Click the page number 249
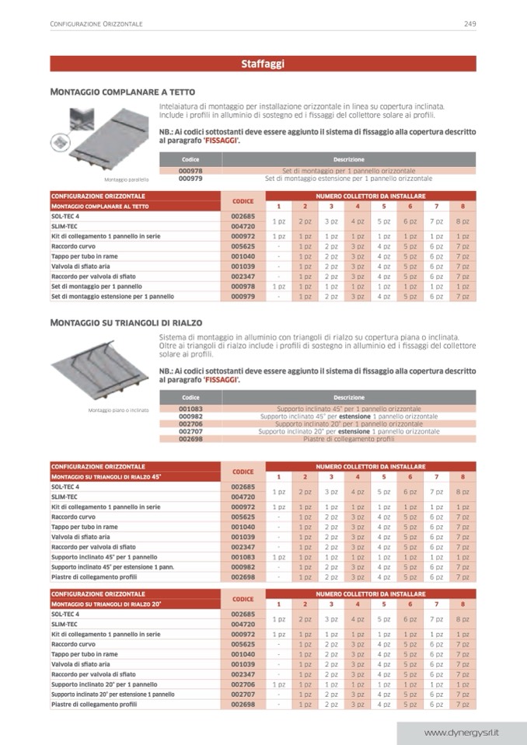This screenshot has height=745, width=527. (x=469, y=24)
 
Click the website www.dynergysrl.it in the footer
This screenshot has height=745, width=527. (x=461, y=733)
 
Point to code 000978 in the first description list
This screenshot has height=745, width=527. (x=190, y=170)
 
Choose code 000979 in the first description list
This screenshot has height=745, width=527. (x=190, y=178)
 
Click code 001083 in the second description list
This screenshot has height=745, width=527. (x=190, y=409)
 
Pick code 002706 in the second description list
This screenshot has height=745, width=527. (x=190, y=424)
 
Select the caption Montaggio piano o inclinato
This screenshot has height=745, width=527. (x=117, y=410)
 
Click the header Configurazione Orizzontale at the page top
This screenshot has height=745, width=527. (x=96, y=24)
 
